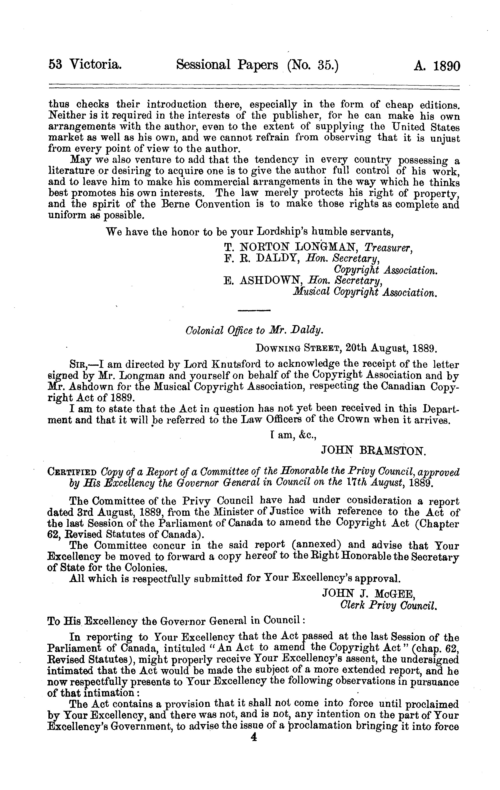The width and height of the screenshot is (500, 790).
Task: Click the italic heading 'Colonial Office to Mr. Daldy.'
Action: [x=254, y=330]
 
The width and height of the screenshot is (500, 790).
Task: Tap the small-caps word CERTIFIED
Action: [x=72, y=473]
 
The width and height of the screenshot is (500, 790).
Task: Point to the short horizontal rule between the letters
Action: [x=253, y=310]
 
